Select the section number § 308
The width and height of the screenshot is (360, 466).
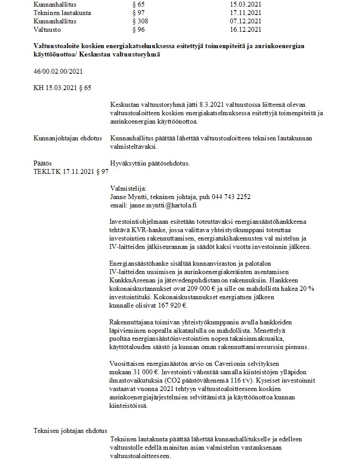(x=140, y=21)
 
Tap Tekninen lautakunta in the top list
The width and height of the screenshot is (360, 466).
(x=62, y=13)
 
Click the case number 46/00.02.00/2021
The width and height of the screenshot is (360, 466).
(x=58, y=71)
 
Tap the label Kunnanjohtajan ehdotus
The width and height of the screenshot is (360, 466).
(x=67, y=138)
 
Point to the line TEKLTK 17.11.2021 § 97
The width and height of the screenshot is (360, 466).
(x=71, y=171)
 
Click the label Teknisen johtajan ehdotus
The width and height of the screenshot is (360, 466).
(x=70, y=431)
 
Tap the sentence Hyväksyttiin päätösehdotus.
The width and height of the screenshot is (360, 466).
(x=150, y=163)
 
